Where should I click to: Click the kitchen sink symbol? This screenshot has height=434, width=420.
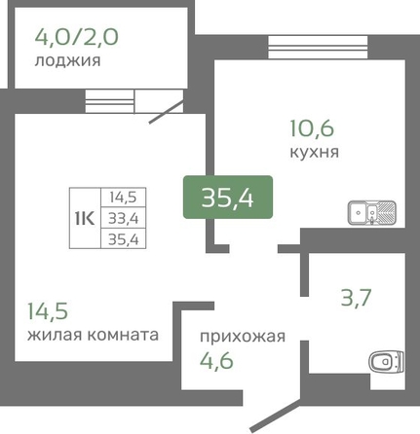coord(372,213)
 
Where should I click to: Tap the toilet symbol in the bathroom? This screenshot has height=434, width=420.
coord(386,361)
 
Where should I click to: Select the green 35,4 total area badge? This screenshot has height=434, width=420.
coord(228,197)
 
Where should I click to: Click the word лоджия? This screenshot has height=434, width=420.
coord(67,60)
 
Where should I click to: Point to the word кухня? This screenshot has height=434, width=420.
coord(314,152)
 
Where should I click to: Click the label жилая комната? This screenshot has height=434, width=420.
coord(93,335)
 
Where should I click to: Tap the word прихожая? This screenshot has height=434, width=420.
coord(243,337)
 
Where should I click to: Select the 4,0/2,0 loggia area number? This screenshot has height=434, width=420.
coord(77,37)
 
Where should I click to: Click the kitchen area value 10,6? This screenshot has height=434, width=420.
coord(312,128)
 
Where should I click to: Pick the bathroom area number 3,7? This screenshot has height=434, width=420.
coord(356,298)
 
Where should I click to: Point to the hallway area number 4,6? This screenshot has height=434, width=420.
coord(216,361)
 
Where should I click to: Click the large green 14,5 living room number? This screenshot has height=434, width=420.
coord(48,310)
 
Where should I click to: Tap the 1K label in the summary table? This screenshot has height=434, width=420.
coord(85,218)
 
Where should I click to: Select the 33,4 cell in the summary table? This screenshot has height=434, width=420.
coord(124,219)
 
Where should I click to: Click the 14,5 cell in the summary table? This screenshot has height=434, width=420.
coord(124,198)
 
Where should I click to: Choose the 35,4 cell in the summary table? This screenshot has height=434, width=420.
coord(124,240)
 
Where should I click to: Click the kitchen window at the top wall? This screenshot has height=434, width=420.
coord(318,48)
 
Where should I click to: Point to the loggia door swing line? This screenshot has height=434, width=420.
coord(166,112)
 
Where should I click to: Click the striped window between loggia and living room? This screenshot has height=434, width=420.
coord(110,101)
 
